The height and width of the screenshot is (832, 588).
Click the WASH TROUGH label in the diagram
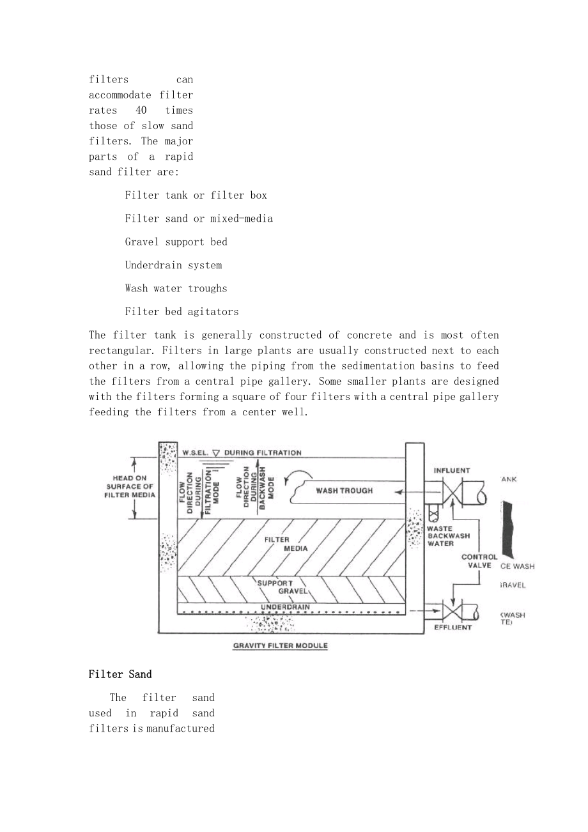(344, 491)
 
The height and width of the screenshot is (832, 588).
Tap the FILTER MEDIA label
(286, 544)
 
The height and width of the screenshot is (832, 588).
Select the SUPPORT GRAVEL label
(282, 587)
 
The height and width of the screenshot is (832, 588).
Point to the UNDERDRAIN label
(285, 607)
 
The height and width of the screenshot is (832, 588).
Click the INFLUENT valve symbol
(452, 493)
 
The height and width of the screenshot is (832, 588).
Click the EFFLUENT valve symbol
(452, 614)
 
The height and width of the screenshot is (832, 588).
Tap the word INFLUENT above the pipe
(452, 470)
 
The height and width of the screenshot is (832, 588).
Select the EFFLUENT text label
(453, 628)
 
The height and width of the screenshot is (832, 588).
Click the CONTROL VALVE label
(479, 561)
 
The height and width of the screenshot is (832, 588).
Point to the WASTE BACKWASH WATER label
(448, 535)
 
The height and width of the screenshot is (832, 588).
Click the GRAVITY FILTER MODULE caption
(281, 645)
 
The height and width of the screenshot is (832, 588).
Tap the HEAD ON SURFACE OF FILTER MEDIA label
(130, 486)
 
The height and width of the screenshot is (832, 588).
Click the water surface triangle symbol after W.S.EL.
(216, 453)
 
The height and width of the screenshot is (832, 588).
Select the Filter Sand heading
(120, 674)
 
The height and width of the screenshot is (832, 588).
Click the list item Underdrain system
(173, 265)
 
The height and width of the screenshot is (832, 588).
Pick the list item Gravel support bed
(176, 242)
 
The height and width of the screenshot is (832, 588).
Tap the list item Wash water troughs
(176, 288)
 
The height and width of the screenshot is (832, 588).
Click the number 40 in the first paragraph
(141, 111)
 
